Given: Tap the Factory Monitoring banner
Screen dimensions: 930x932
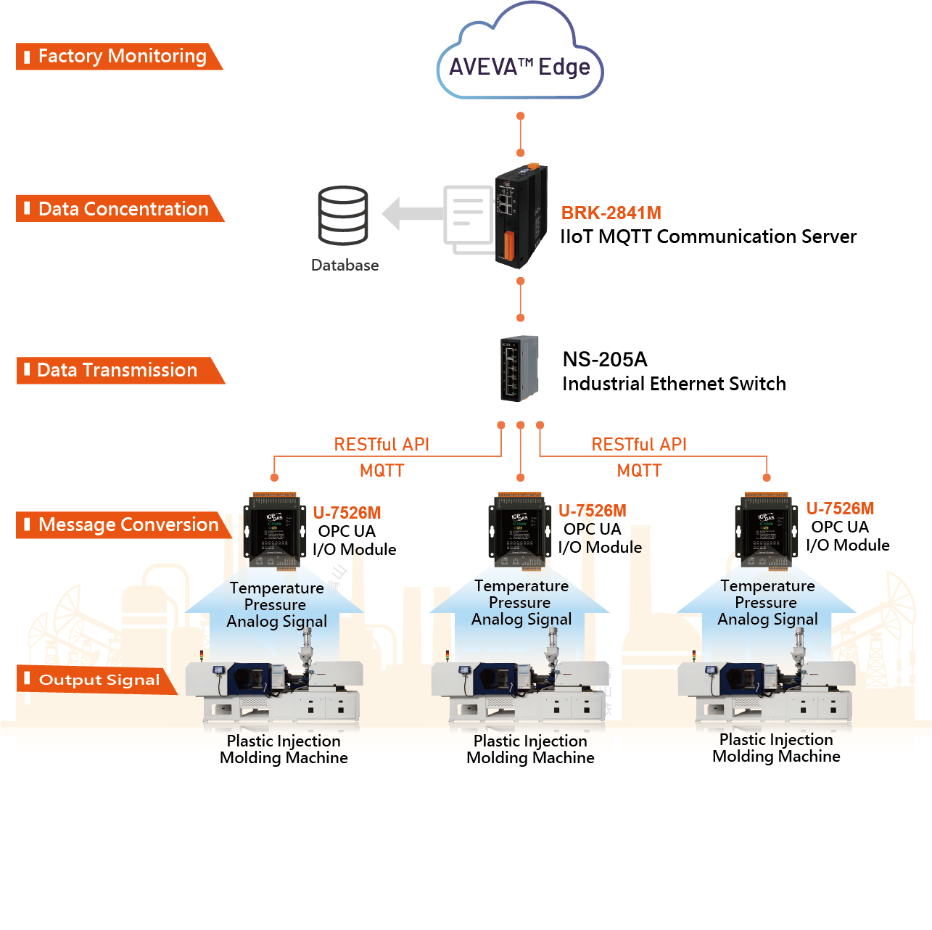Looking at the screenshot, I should coord(117,57).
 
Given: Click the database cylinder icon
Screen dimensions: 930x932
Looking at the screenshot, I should coord(343,215).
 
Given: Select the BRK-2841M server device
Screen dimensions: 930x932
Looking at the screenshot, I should coord(520,216).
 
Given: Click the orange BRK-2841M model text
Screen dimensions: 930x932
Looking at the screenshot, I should coord(611,213).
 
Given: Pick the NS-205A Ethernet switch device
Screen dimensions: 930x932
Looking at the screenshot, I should coord(519,369).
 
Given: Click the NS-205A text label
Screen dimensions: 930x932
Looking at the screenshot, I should coord(605,360).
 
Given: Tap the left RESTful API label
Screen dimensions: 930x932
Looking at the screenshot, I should coord(382,445).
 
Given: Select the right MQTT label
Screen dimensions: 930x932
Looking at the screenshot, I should coord(639,471).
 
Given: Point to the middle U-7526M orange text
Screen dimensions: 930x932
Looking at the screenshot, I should coord(592,511).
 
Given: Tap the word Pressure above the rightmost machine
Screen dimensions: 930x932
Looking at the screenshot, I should coord(766,603).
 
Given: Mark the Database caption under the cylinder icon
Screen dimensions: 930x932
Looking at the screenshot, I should coord(345,266).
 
